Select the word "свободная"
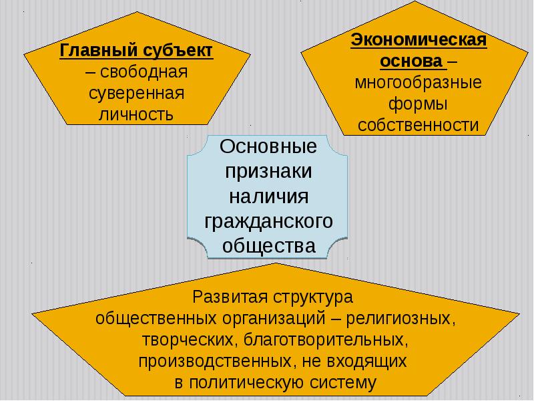pos(144,72)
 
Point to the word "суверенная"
pos(137,92)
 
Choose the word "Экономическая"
pos(419,40)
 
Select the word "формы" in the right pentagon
pos(418,104)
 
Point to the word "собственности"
pos(419,125)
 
